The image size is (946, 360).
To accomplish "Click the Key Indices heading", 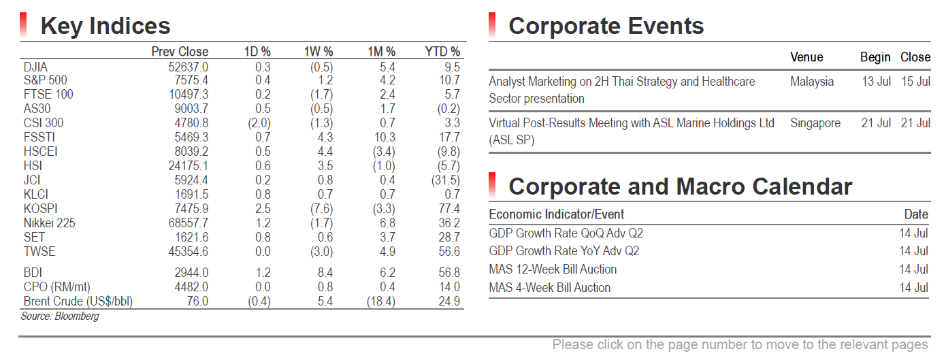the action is coord(105,26).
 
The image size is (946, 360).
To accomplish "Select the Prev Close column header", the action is coord(180,52).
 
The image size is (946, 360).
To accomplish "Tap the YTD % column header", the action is coord(442,52).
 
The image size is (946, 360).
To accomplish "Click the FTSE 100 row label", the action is coord(48,94).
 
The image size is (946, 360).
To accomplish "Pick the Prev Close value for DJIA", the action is coord(189,67).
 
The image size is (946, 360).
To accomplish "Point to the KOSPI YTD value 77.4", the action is coord(449,209).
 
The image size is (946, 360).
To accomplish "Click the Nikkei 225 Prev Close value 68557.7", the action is coord(189,223).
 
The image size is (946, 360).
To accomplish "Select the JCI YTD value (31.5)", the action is coord(446,180).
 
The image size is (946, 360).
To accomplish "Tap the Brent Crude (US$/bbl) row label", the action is coord(78,301).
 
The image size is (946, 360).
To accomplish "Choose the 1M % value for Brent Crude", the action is coord(381,301).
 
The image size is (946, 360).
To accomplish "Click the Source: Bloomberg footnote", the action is coord(60,316).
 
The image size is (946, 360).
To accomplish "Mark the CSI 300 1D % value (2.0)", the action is coord(259,123).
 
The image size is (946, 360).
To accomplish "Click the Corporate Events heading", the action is coord(606,26).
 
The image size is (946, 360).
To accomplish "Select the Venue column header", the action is coord(806,57).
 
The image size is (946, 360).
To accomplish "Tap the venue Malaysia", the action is coord(812,82).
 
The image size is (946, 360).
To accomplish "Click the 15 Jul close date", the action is coord(915,82).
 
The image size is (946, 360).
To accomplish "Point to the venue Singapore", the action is coord(815,123).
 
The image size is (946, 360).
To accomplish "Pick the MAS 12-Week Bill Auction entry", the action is coord(553,269).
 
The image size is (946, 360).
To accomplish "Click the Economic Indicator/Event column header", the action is coord(556,214).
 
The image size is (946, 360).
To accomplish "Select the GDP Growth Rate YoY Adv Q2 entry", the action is coord(564,251).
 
